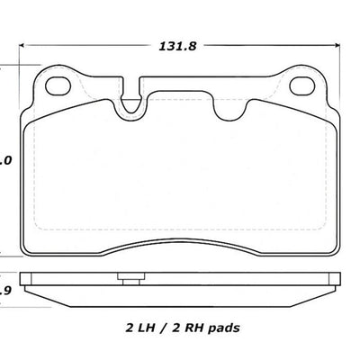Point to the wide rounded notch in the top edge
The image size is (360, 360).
tap(236, 104)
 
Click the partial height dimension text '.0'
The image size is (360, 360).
tap(5, 161)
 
